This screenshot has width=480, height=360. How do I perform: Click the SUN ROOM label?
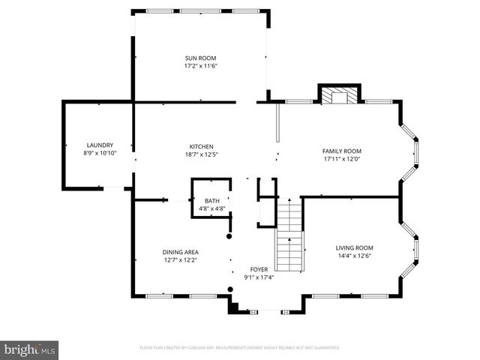tap(201, 58)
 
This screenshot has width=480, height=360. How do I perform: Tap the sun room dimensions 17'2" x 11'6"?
tap(201, 67)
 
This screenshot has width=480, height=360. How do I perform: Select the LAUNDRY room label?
tap(100, 145)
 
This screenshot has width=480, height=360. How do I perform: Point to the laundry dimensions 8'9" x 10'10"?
tap(100, 153)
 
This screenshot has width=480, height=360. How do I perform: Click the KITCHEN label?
tap(201, 145)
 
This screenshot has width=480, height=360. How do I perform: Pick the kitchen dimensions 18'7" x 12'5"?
tap(201, 154)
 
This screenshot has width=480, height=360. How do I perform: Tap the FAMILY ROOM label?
tap(342, 151)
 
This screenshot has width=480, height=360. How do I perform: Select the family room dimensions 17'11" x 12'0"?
tap(342, 159)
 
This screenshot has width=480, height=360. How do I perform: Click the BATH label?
tap(211, 200)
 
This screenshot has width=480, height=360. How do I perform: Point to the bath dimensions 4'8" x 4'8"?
tap(211, 208)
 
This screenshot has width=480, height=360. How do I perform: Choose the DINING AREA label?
tap(181, 252)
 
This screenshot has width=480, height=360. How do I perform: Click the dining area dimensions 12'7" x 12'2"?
tap(181, 260)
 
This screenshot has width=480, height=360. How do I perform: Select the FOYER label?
tap(259, 268)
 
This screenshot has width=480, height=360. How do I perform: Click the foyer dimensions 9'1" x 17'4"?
tap(259, 277)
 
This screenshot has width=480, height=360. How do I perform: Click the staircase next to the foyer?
tap(289, 235)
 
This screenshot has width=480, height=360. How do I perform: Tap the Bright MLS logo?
tap(30, 349)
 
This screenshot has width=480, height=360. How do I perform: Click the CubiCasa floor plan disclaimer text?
tap(240, 348)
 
